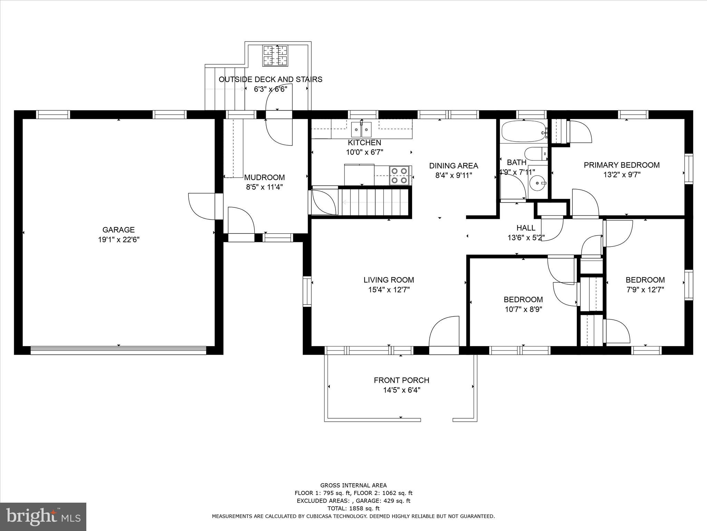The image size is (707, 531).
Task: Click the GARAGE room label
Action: pyautogui.click(x=118, y=230)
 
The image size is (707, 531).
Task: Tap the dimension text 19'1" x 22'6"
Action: pyautogui.click(x=118, y=240)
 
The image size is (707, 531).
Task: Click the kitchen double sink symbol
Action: pyautogui.click(x=361, y=130)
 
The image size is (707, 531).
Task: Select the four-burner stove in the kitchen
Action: pyautogui.click(x=399, y=175)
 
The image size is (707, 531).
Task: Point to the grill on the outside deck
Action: pyautogui.click(x=275, y=56)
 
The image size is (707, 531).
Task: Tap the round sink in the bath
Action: pyautogui.click(x=537, y=182)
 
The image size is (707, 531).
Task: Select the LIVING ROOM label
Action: pyautogui.click(x=388, y=280)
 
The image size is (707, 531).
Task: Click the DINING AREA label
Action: pyautogui.click(x=453, y=166)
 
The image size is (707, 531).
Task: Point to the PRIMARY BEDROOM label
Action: pyautogui.click(x=621, y=165)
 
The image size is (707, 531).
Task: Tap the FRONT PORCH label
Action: pyautogui.click(x=401, y=380)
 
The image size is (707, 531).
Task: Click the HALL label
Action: pyautogui.click(x=526, y=228)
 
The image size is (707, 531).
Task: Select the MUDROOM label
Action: pyautogui.click(x=264, y=177)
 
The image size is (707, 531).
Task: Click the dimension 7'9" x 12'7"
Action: pyautogui.click(x=645, y=290)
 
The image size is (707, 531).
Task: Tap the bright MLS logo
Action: pyautogui.click(x=43, y=516)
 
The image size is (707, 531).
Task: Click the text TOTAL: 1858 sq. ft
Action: pyautogui.click(x=353, y=509)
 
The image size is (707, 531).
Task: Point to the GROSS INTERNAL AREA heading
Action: pyautogui.click(x=353, y=485)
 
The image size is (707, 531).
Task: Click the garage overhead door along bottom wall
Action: pyautogui.click(x=118, y=350)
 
